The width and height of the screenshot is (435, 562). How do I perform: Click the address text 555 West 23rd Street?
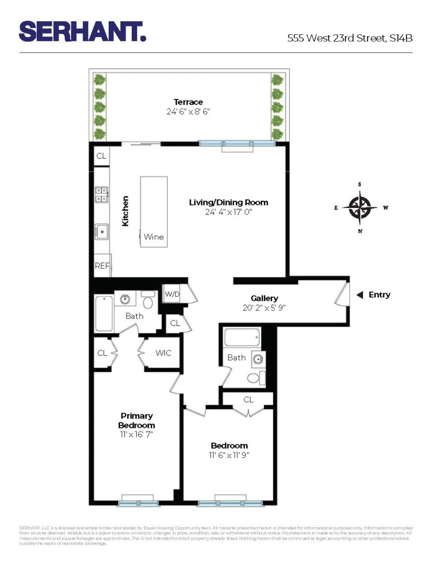(349, 38)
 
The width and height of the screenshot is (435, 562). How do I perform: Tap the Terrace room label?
(188, 102)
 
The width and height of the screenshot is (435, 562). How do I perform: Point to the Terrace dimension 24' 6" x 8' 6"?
(188, 112)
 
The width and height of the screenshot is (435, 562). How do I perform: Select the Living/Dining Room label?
(228, 202)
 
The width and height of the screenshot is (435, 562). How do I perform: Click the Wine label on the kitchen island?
(154, 237)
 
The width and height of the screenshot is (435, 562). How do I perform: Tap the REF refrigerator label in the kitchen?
(102, 266)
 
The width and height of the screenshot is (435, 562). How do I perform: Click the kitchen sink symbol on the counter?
(102, 230)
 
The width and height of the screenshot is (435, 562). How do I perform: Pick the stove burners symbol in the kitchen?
(102, 194)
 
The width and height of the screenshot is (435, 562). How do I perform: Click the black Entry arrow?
(360, 295)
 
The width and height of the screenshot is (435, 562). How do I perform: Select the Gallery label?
(264, 298)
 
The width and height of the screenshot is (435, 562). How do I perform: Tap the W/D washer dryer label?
(171, 293)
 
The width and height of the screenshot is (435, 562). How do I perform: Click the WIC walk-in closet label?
(163, 353)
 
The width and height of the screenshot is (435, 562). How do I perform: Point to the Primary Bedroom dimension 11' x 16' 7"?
(136, 434)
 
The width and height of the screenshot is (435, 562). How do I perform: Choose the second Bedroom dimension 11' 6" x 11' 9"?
(229, 456)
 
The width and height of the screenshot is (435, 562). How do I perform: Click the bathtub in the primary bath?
(105, 314)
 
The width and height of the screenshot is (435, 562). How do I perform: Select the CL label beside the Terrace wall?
(101, 156)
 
